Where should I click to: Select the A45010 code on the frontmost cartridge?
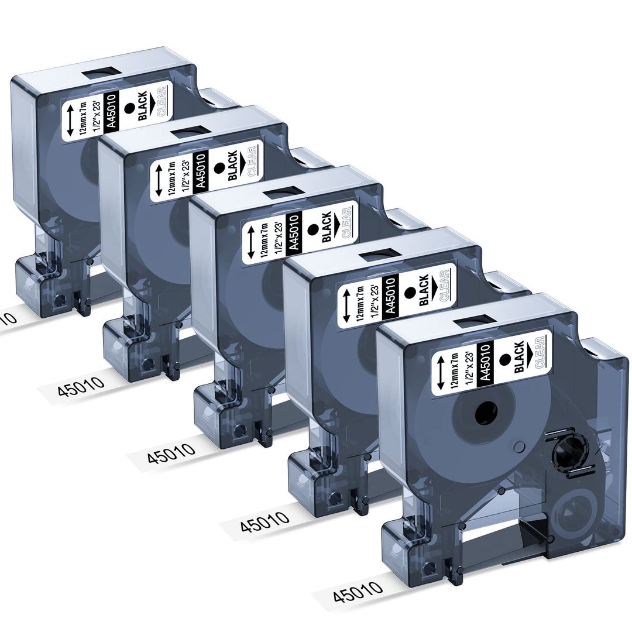485,363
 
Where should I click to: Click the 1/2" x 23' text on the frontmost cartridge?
467,365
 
